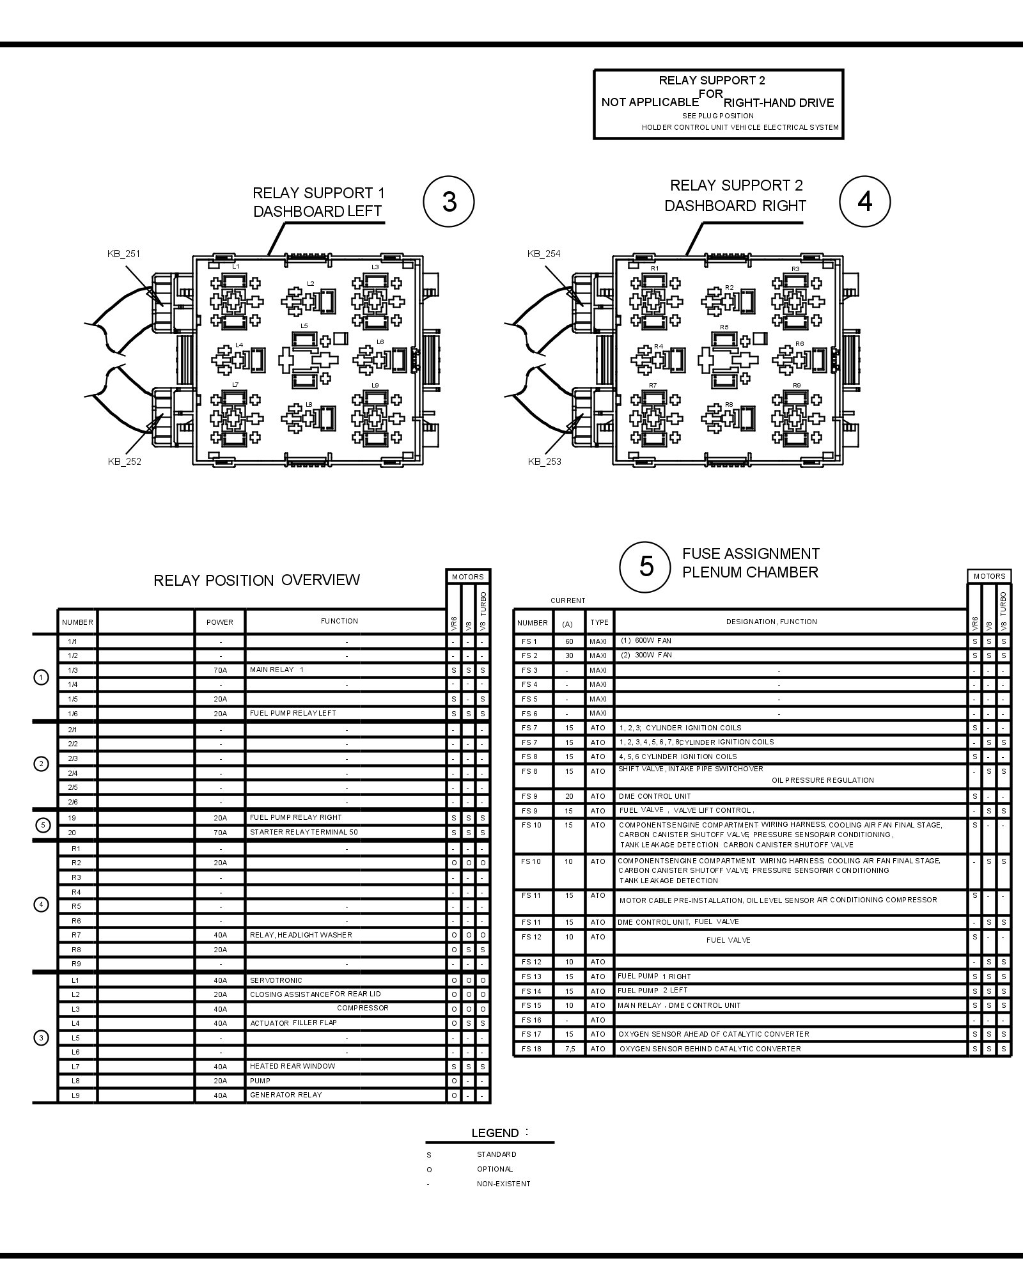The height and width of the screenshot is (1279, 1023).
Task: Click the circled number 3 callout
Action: (x=449, y=202)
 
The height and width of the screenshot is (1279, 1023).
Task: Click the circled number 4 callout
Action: (x=864, y=202)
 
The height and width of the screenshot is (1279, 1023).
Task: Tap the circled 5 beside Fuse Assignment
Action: (x=646, y=567)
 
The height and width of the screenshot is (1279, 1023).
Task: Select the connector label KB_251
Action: (x=123, y=254)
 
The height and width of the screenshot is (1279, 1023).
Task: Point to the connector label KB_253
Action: (x=544, y=462)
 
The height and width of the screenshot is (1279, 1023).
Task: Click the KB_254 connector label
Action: (x=543, y=254)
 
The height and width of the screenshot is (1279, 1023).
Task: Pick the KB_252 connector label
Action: (x=124, y=462)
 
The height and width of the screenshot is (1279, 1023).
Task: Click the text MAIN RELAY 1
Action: (x=277, y=670)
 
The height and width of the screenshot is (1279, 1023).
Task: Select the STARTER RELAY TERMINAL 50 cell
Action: (x=304, y=832)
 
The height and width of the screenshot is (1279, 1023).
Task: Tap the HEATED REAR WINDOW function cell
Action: (x=292, y=1066)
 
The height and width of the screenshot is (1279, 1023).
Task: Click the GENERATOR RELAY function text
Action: (x=286, y=1095)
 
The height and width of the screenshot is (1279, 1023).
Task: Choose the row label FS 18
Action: (x=531, y=1049)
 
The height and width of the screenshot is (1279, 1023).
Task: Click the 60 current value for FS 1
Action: (x=569, y=641)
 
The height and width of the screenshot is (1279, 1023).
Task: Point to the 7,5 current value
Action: (x=569, y=1049)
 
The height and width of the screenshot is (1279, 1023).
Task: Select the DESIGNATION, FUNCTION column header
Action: (x=771, y=622)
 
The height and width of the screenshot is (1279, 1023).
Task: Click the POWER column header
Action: (x=219, y=622)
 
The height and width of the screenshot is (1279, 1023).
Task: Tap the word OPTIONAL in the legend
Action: (x=495, y=1169)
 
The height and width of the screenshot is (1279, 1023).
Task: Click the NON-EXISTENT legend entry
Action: (x=503, y=1184)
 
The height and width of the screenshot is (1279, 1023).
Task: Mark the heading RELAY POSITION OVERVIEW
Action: (x=256, y=580)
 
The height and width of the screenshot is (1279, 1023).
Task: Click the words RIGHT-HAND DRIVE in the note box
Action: (x=779, y=103)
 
